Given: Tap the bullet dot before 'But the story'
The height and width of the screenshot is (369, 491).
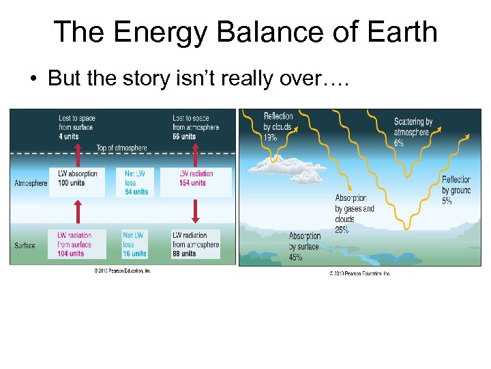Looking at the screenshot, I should click(x=33, y=79).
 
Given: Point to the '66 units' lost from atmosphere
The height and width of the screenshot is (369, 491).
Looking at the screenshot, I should click(x=184, y=136).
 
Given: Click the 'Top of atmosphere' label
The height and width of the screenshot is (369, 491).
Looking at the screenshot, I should click(x=121, y=148).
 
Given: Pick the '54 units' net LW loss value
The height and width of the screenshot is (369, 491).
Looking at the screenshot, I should click(x=136, y=192).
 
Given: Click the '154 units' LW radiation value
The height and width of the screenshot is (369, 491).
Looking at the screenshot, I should click(x=192, y=183).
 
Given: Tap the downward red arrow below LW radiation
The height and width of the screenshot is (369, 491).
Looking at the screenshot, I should click(x=196, y=211).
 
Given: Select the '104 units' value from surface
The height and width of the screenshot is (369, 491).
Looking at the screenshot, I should click(x=71, y=254).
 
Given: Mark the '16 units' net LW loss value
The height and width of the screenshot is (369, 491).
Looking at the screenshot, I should click(x=134, y=254).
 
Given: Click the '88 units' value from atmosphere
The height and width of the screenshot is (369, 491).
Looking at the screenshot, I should click(x=184, y=254).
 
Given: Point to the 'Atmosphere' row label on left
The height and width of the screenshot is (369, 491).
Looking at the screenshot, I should click(x=31, y=183).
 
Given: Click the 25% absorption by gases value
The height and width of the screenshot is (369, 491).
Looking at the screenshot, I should click(x=342, y=230).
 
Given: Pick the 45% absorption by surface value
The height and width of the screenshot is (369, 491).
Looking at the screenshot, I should click(x=296, y=257).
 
